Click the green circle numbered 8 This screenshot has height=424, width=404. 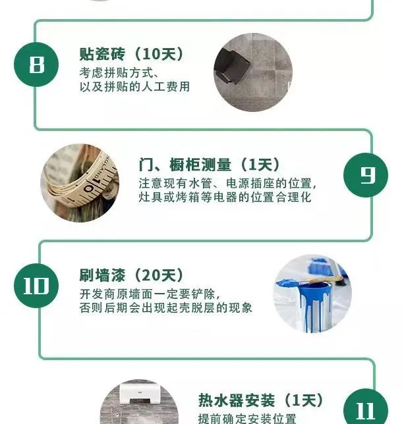[36, 65]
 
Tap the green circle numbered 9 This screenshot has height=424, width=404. [366, 175]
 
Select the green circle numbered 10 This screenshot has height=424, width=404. [36, 286]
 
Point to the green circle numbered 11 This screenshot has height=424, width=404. [366, 408]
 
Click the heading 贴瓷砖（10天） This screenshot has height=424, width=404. [132, 54]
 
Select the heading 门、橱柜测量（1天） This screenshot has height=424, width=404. [209, 165]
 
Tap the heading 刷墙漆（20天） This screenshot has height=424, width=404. [132, 275]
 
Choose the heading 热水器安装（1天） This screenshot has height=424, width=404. [261, 400]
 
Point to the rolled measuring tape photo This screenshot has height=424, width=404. [80, 183]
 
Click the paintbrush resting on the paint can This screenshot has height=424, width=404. [309, 281]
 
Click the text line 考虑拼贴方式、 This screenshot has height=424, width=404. [119, 73]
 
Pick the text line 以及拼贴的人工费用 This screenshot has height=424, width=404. [134, 86]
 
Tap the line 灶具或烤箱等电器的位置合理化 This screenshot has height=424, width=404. [225, 197]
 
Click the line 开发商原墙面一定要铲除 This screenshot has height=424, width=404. [150, 294]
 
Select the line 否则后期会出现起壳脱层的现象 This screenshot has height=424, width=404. [166, 307]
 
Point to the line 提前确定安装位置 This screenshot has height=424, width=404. [247, 419]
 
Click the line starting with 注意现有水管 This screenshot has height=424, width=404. [227, 184]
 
